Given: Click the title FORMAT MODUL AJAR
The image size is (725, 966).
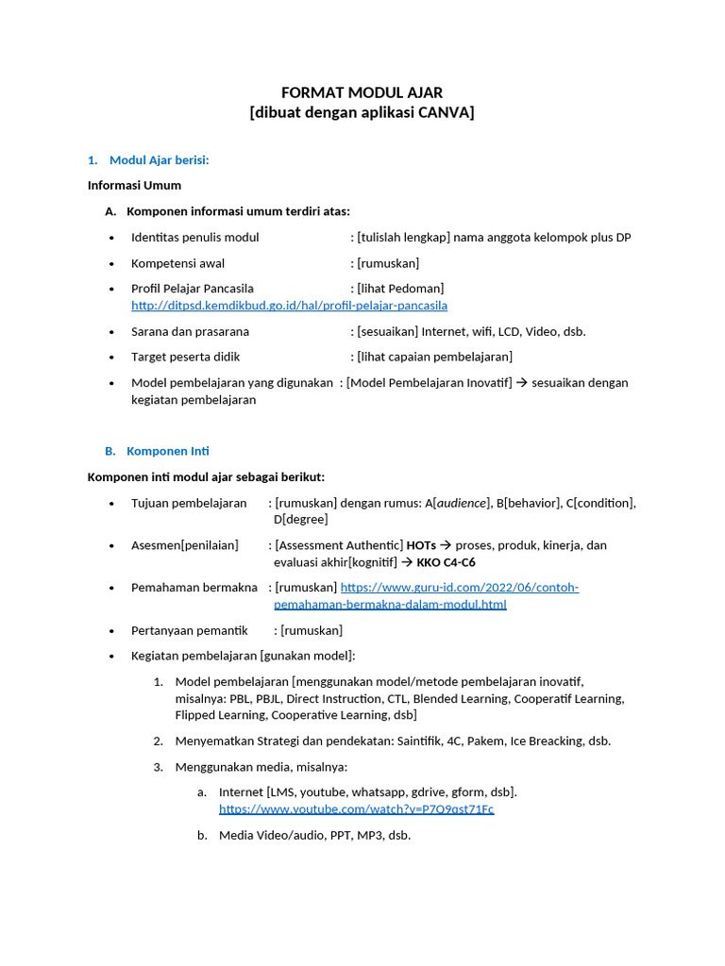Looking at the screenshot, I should coord(362,92).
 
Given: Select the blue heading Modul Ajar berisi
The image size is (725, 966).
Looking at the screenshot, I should coord(159,159).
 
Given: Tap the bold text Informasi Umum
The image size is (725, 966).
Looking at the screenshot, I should coord(134,185).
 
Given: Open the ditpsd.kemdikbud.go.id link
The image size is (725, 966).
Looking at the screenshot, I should coord(289,306).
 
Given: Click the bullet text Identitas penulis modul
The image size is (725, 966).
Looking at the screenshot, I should coord(194,237).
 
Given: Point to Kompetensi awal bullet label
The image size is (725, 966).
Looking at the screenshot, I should coord(177,263).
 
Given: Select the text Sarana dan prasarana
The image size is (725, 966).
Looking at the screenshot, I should coord(190,331).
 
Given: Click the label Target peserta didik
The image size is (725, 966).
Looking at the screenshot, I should coord(185,357).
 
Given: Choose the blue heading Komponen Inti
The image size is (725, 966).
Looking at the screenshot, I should coord(167,451).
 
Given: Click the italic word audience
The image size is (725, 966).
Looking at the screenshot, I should coord(461,503).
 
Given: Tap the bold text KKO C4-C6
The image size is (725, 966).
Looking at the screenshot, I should coord(446,562).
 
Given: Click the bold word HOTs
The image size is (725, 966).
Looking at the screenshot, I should coord(421,545).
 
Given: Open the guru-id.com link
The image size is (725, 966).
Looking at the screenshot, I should coord(459,588).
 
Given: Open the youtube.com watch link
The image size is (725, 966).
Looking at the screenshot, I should coord(356,809).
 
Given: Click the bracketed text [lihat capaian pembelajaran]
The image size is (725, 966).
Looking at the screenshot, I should coord(434,357).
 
